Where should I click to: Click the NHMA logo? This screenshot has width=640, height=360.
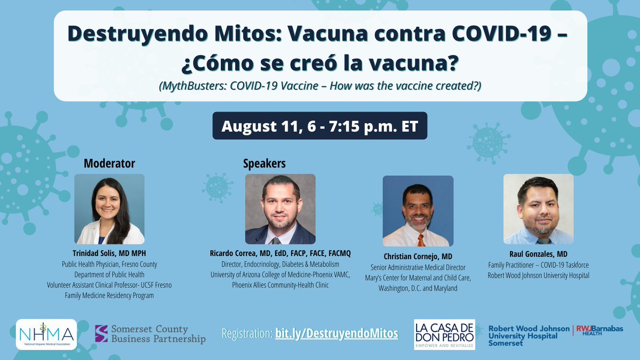(46, 334)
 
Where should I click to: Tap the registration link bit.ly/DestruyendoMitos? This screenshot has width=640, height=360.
(337, 334)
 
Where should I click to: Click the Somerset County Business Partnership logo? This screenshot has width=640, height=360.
(150, 334)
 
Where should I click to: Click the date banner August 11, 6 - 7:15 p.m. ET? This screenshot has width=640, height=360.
(319, 126)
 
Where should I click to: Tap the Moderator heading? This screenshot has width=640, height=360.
(109, 163)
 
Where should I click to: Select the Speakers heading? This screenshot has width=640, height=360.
(264, 163)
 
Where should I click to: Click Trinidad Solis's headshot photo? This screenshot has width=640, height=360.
(109, 209)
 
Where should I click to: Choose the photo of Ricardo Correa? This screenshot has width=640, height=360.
(280, 209)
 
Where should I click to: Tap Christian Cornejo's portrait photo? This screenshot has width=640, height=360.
(418, 211)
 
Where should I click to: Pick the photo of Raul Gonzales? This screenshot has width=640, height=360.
(538, 209)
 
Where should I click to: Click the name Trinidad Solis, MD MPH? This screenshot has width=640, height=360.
(109, 253)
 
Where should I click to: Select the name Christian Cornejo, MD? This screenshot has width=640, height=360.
(418, 256)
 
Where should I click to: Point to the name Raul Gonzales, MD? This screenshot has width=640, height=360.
(538, 255)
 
